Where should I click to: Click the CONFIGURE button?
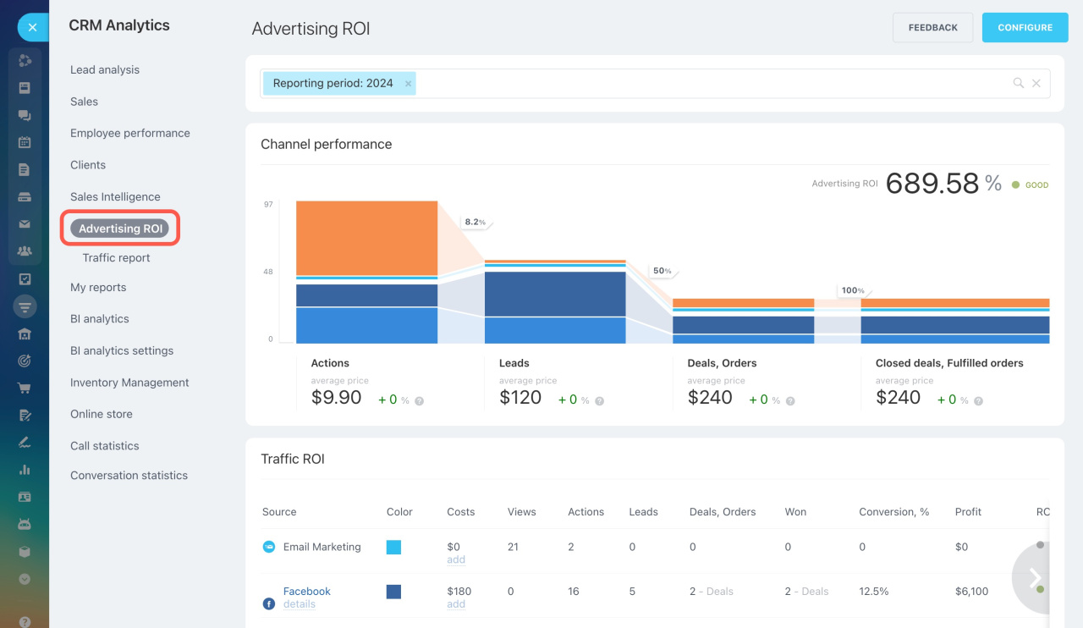(1025, 28)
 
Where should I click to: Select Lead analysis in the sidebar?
(105, 70)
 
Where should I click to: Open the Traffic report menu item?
(116, 258)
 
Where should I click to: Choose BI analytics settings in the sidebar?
(122, 351)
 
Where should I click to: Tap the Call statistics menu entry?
(105, 446)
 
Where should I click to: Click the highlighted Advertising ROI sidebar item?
(120, 229)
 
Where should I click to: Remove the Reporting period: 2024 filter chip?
(409, 84)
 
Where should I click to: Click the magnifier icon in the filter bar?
(1019, 83)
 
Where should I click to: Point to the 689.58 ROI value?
(932, 184)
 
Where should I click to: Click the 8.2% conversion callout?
(475, 222)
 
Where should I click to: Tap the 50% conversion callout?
(662, 271)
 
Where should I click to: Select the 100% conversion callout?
(852, 290)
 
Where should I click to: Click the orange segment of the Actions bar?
(366, 237)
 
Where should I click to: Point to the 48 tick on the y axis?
(268, 272)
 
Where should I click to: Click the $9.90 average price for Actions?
(336, 398)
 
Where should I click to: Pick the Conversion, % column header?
(893, 512)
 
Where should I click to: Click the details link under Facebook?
(299, 604)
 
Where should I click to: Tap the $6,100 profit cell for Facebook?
(971, 592)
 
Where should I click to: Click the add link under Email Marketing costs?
(456, 559)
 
